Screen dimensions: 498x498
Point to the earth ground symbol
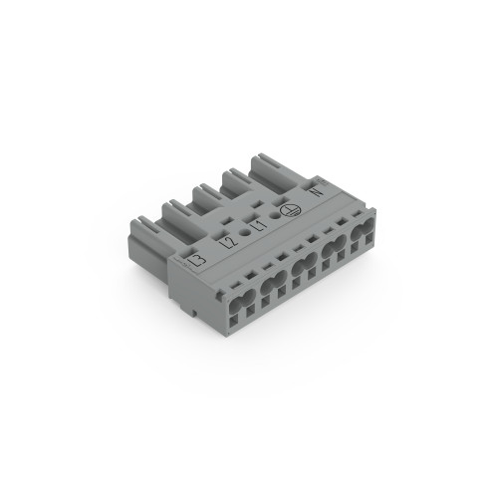pos(290,209)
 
